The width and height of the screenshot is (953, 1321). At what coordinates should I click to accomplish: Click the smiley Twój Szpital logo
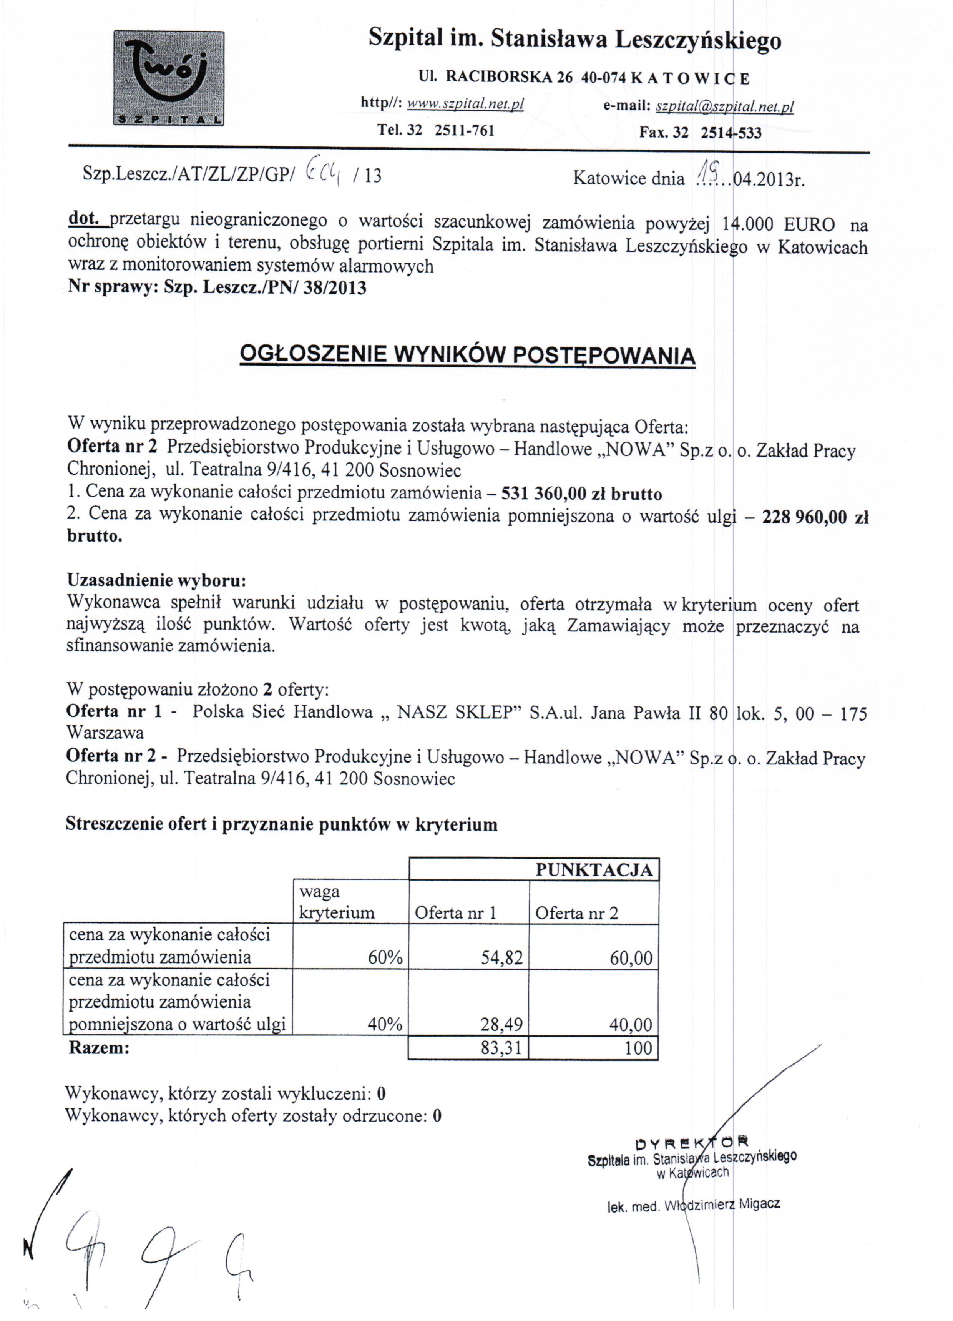point(168,78)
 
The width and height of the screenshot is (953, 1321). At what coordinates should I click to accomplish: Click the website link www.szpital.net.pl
point(465,104)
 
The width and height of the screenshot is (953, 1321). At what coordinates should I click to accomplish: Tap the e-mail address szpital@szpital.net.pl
point(725,106)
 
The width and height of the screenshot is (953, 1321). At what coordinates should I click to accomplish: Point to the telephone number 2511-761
point(464,130)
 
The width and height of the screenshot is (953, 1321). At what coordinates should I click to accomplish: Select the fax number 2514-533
point(731,132)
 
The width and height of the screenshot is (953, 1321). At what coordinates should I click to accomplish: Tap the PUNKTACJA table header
point(593,870)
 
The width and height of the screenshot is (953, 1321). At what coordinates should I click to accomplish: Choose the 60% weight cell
point(385,958)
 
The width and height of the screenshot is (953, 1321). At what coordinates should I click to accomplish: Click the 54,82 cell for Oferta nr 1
point(501,958)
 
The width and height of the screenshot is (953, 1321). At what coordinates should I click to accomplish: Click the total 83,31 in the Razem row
point(501,1048)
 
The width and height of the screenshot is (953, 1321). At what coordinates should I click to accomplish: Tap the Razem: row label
point(99,1048)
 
